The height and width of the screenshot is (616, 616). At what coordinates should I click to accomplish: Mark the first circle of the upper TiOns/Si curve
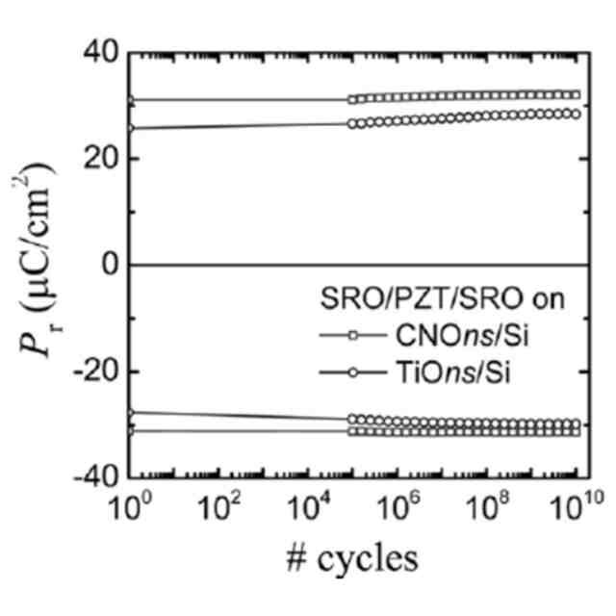[x=130, y=127]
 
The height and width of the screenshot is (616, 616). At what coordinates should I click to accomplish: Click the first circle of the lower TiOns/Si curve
[x=130, y=413]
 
